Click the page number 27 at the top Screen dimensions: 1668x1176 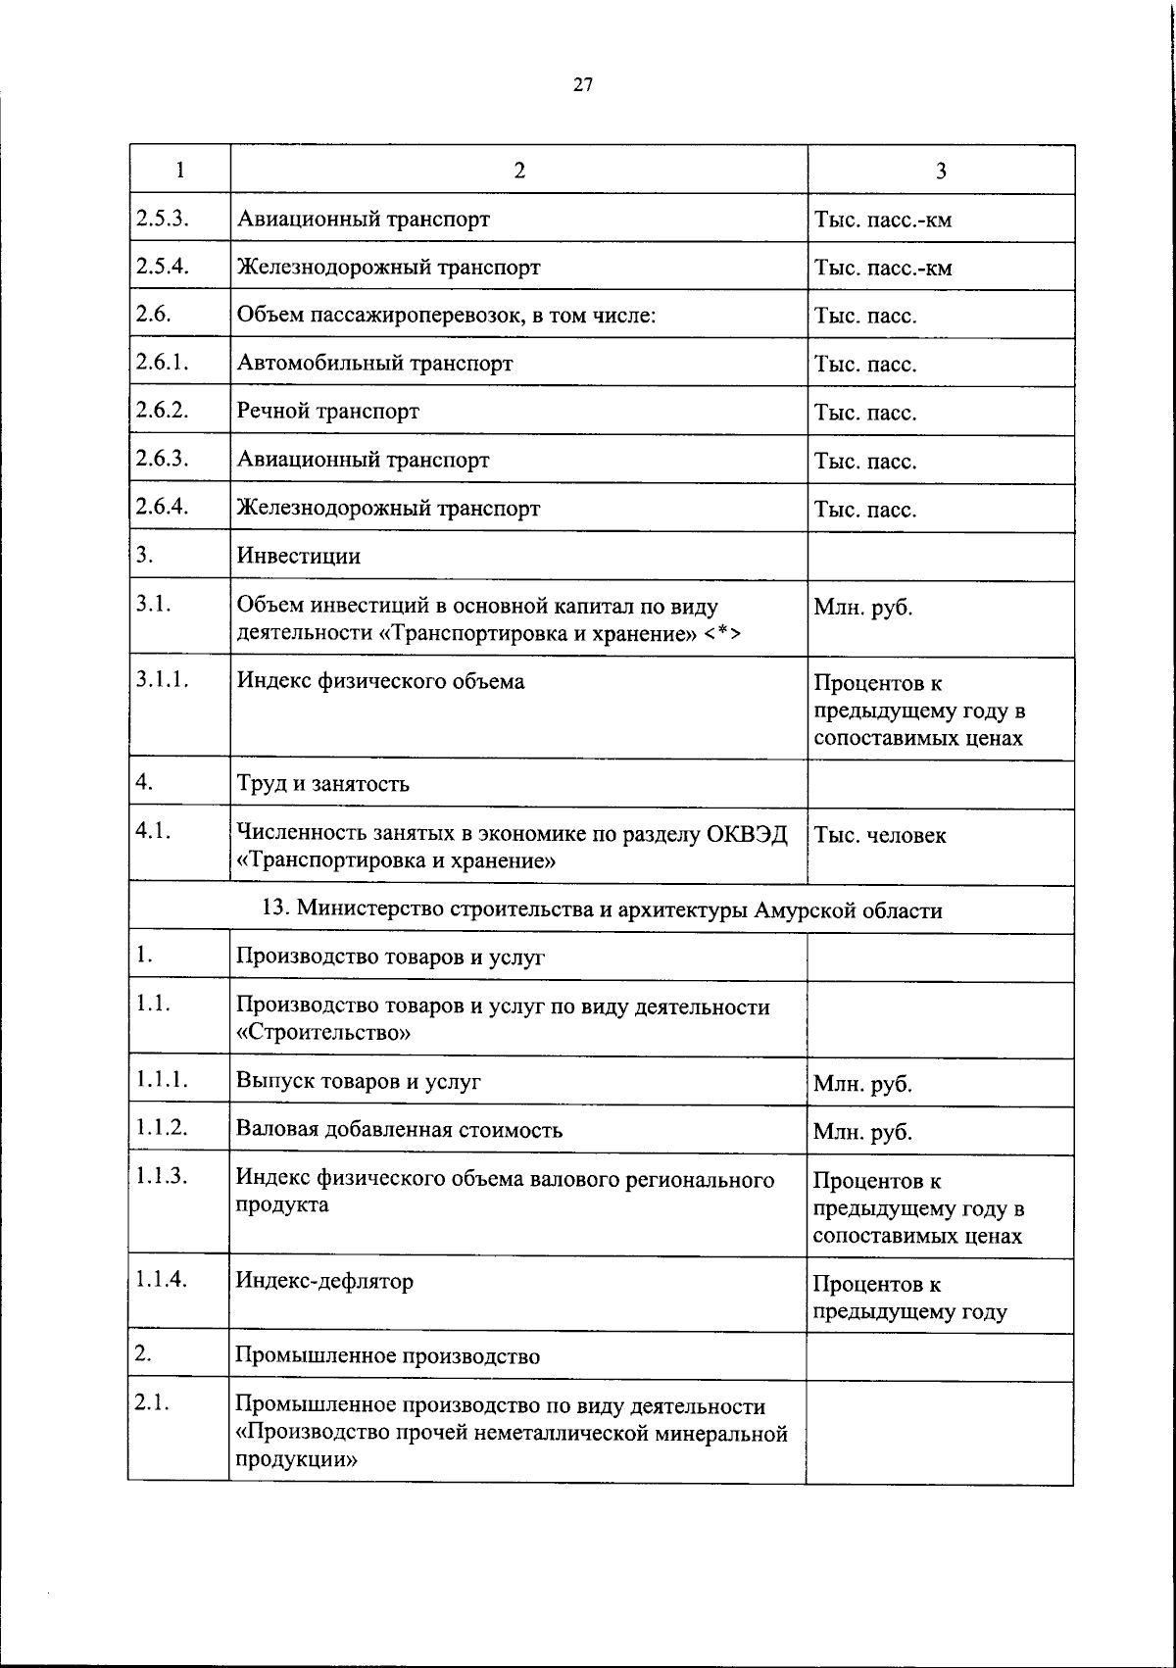tap(582, 85)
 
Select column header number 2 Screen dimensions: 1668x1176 tap(518, 171)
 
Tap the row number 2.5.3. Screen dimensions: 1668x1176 tap(162, 218)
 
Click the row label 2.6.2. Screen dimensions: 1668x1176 tap(162, 410)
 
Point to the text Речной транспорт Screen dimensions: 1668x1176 tap(327, 412)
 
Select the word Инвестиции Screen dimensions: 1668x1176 tap(298, 557)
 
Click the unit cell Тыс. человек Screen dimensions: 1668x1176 tap(879, 836)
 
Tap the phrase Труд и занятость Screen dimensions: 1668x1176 tap(322, 784)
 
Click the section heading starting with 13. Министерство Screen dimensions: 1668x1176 tap(602, 910)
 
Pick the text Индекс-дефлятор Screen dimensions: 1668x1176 tap(324, 1281)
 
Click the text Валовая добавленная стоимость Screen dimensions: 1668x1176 tap(399, 1130)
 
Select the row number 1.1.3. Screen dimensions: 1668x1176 tap(162, 1177)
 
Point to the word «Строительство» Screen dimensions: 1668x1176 tap(323, 1033)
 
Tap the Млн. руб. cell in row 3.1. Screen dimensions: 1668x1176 tap(862, 608)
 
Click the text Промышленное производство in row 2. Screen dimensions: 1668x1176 tap(387, 1356)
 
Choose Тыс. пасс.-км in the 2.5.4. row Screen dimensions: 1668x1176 tap(882, 268)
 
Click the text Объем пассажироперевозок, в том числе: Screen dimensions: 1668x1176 tap(446, 316)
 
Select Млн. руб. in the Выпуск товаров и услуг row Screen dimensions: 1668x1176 tap(862, 1085)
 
